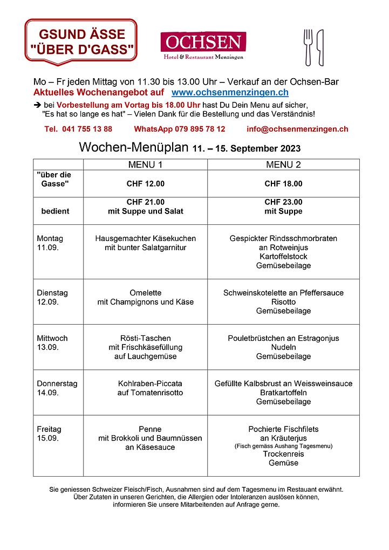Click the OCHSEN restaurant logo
pos(203,45)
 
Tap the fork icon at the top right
pos(308,46)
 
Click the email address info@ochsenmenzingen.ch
pos(297,129)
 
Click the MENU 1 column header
pos(145,164)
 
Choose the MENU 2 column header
pos(283,164)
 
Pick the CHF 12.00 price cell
pos(145,184)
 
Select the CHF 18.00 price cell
pos(283,184)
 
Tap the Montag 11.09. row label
pos(50,243)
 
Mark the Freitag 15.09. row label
pos(49,434)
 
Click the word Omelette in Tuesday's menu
pos(145,293)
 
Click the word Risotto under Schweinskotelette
pos(283,302)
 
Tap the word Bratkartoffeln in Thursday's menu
pos(283,393)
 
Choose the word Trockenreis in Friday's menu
pos(283,454)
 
